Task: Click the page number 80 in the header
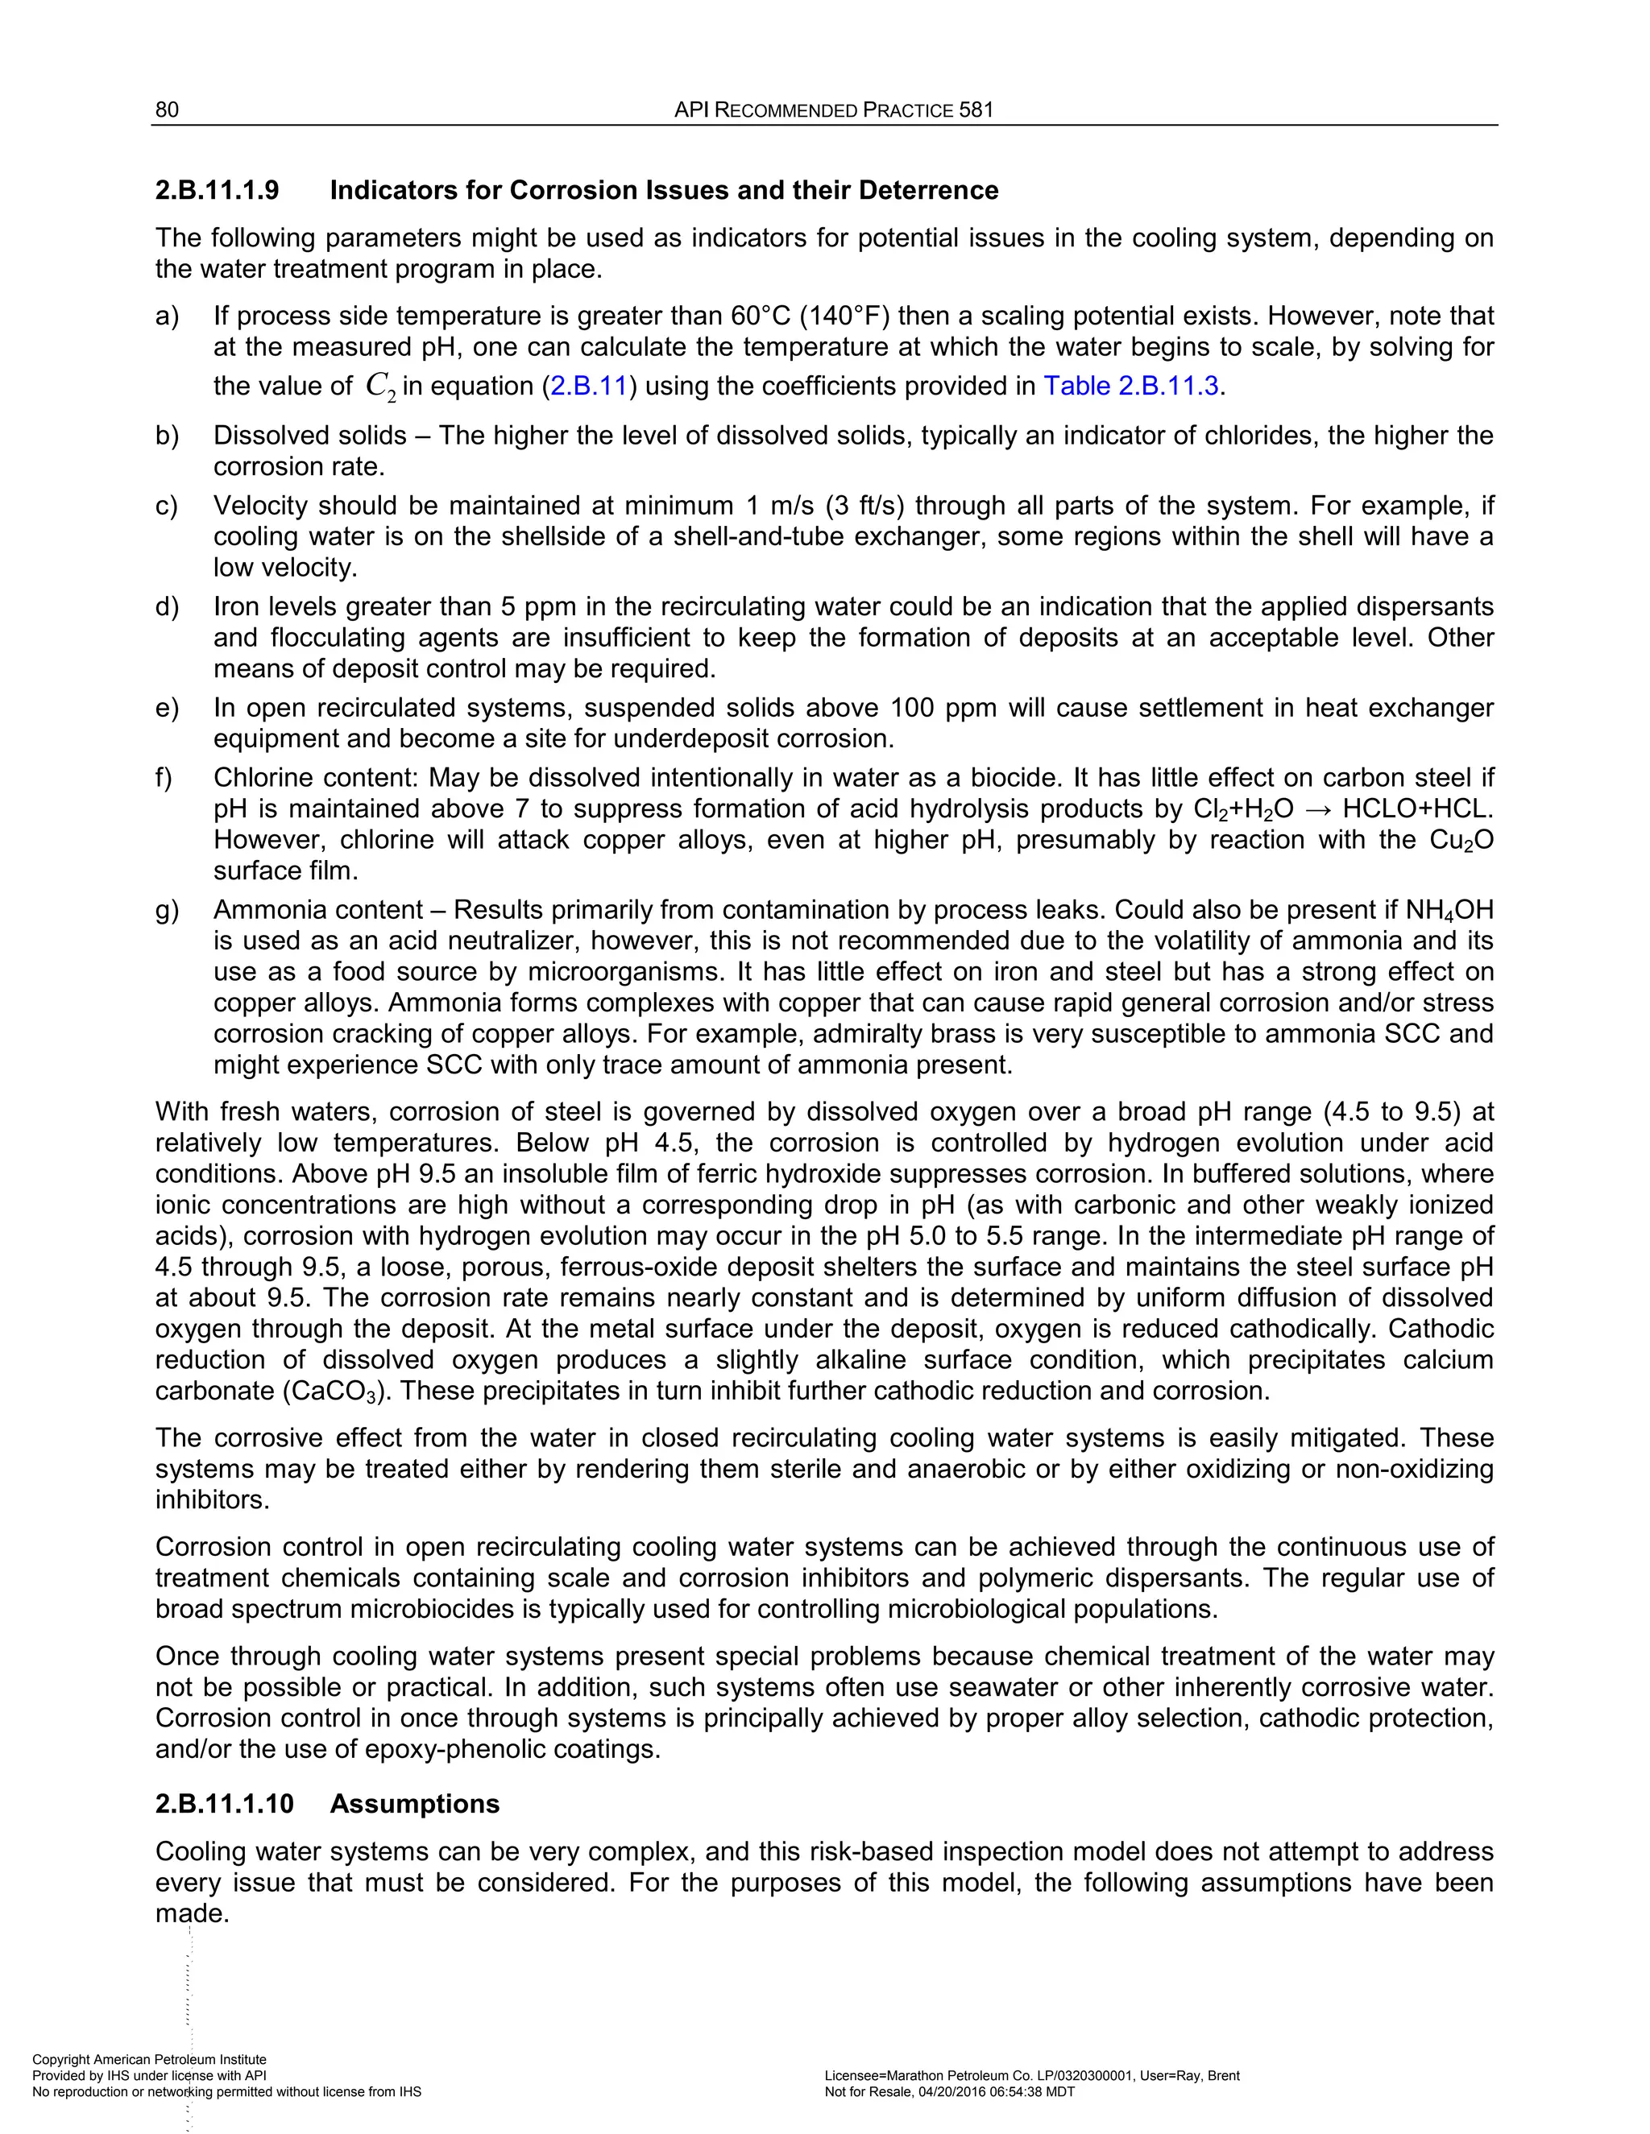167,110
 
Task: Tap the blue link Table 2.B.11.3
1131,386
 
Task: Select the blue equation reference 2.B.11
587,386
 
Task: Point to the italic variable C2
380,387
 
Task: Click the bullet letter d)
167,607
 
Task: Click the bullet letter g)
167,910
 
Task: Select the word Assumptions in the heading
414,1804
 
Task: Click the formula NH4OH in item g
1449,911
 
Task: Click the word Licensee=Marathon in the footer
889,2075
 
